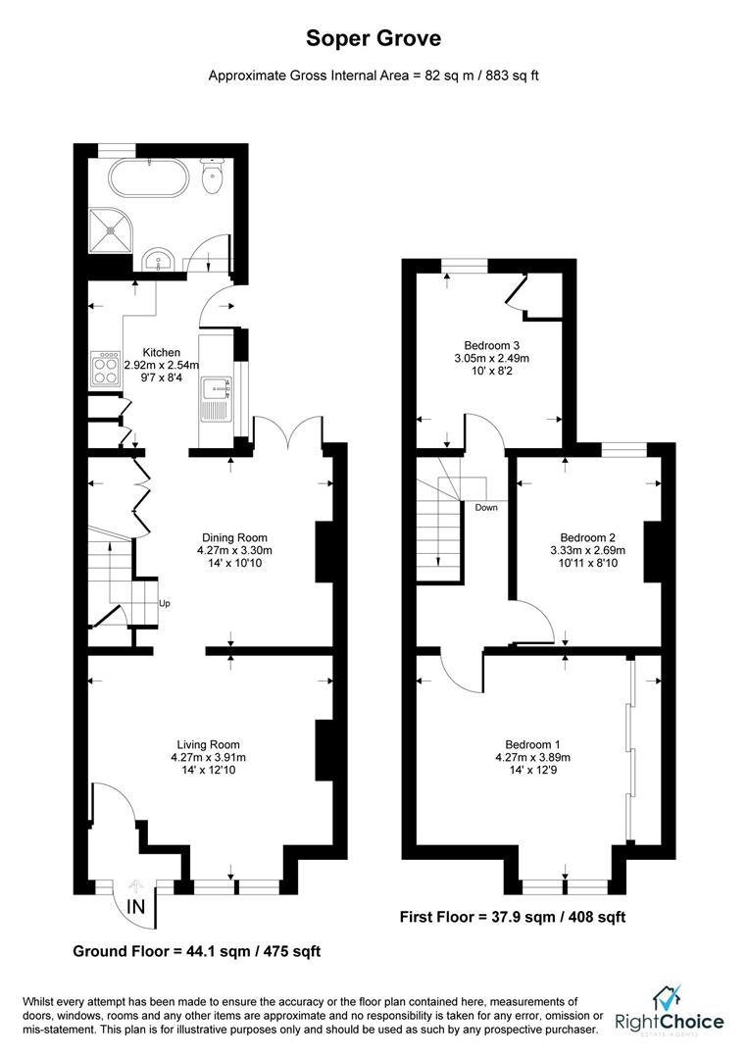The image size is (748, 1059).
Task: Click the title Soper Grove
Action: coord(374,38)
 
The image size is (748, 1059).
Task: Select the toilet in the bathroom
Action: coord(211,176)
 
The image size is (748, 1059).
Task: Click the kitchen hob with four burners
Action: coord(104,370)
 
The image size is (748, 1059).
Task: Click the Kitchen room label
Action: coord(162,352)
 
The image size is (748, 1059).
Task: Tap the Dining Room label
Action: coord(234,536)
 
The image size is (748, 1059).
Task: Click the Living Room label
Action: coord(208,744)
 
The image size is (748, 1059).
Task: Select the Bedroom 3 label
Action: coord(491,345)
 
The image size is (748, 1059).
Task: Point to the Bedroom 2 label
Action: coord(587,536)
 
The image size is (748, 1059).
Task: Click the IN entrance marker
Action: coord(135,908)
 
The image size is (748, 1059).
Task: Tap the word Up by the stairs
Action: coord(164,604)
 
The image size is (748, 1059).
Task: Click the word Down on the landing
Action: coord(485,508)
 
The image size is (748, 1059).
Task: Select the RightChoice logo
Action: coord(670,1013)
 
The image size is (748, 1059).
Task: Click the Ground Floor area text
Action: coord(197,951)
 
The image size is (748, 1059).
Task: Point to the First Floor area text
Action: coord(512,917)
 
